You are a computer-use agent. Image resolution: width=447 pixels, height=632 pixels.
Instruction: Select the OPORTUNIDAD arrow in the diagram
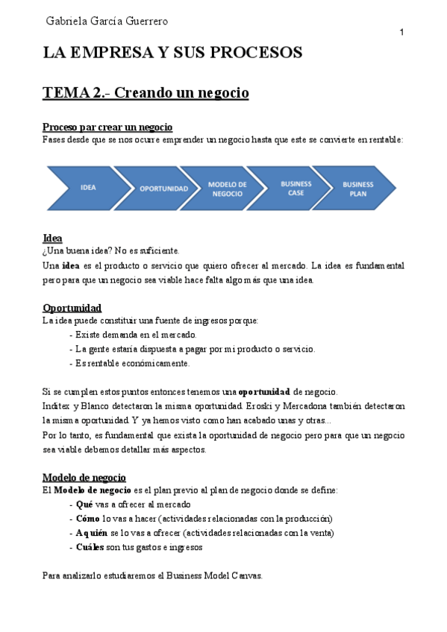(x=163, y=189)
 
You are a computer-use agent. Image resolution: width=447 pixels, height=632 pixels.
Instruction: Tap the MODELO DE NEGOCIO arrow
(x=228, y=189)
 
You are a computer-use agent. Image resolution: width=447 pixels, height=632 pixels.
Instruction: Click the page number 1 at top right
(x=402, y=32)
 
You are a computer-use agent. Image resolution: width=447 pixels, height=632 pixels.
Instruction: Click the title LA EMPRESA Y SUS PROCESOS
(x=172, y=53)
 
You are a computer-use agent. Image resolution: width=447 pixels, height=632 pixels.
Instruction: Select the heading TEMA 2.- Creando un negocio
(x=145, y=93)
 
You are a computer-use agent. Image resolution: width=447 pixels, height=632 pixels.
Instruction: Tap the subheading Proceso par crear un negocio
(x=107, y=127)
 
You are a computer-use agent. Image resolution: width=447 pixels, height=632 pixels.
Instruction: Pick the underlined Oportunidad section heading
(x=72, y=308)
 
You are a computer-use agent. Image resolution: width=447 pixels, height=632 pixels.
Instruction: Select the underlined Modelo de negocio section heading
(x=84, y=477)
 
